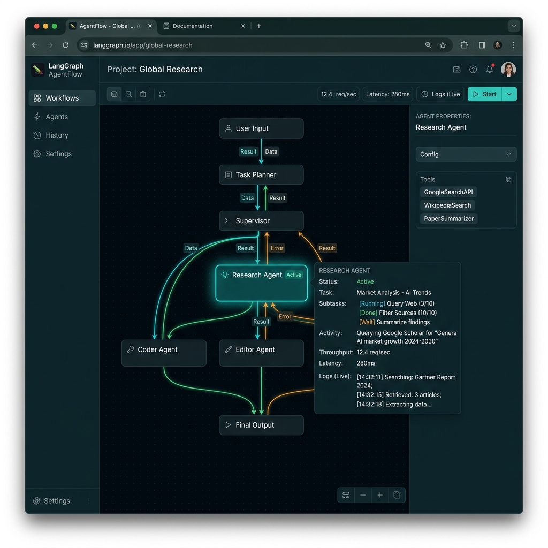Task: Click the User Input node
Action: tap(261, 128)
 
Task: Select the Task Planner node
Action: tap(261, 175)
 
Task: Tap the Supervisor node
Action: tap(261, 221)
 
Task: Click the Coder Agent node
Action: tap(164, 353)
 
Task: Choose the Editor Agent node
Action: tap(261, 353)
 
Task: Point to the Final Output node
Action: tap(261, 425)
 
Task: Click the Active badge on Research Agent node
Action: tap(294, 275)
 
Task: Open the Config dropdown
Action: tap(466, 154)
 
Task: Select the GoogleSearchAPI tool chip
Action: tap(448, 192)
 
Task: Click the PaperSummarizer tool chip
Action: tap(449, 219)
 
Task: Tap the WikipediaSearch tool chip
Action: tap(447, 205)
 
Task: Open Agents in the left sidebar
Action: tap(57, 117)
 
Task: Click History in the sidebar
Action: tap(57, 135)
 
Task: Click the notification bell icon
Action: tap(490, 69)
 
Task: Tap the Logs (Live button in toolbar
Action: tap(440, 94)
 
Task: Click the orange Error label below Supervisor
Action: tap(277, 248)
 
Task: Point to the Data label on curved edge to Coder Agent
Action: tap(191, 248)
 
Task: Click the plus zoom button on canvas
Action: tap(380, 495)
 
